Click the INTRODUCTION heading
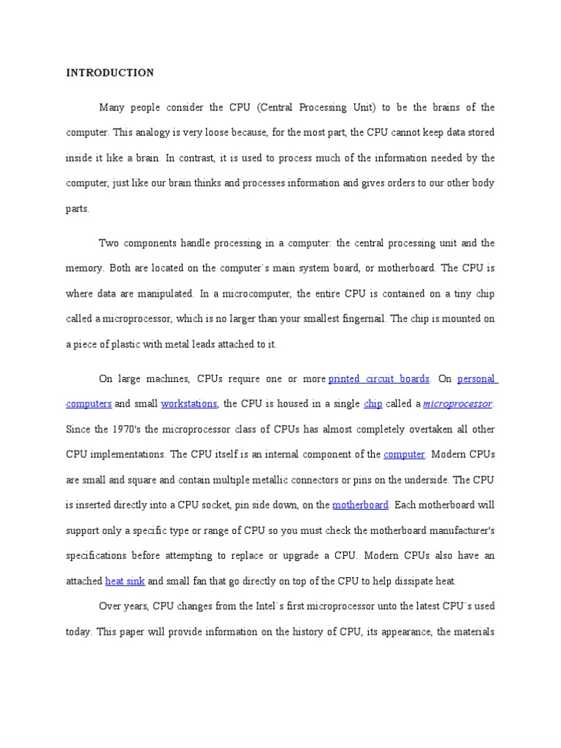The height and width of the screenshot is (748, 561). (110, 73)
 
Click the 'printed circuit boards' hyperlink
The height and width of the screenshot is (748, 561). (378, 379)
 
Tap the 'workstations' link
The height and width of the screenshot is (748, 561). (188, 404)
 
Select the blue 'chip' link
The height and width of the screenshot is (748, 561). (373, 404)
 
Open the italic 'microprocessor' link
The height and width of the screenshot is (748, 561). (457, 404)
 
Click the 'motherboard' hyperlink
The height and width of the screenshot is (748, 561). (360, 505)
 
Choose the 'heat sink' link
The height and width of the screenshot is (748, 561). (125, 581)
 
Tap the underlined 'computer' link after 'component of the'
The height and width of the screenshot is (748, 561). (404, 454)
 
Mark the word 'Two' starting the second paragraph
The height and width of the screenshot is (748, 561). (108, 243)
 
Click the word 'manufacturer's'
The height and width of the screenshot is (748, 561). (457, 530)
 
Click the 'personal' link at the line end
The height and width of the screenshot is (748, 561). (476, 379)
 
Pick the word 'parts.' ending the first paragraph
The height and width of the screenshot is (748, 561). (77, 209)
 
